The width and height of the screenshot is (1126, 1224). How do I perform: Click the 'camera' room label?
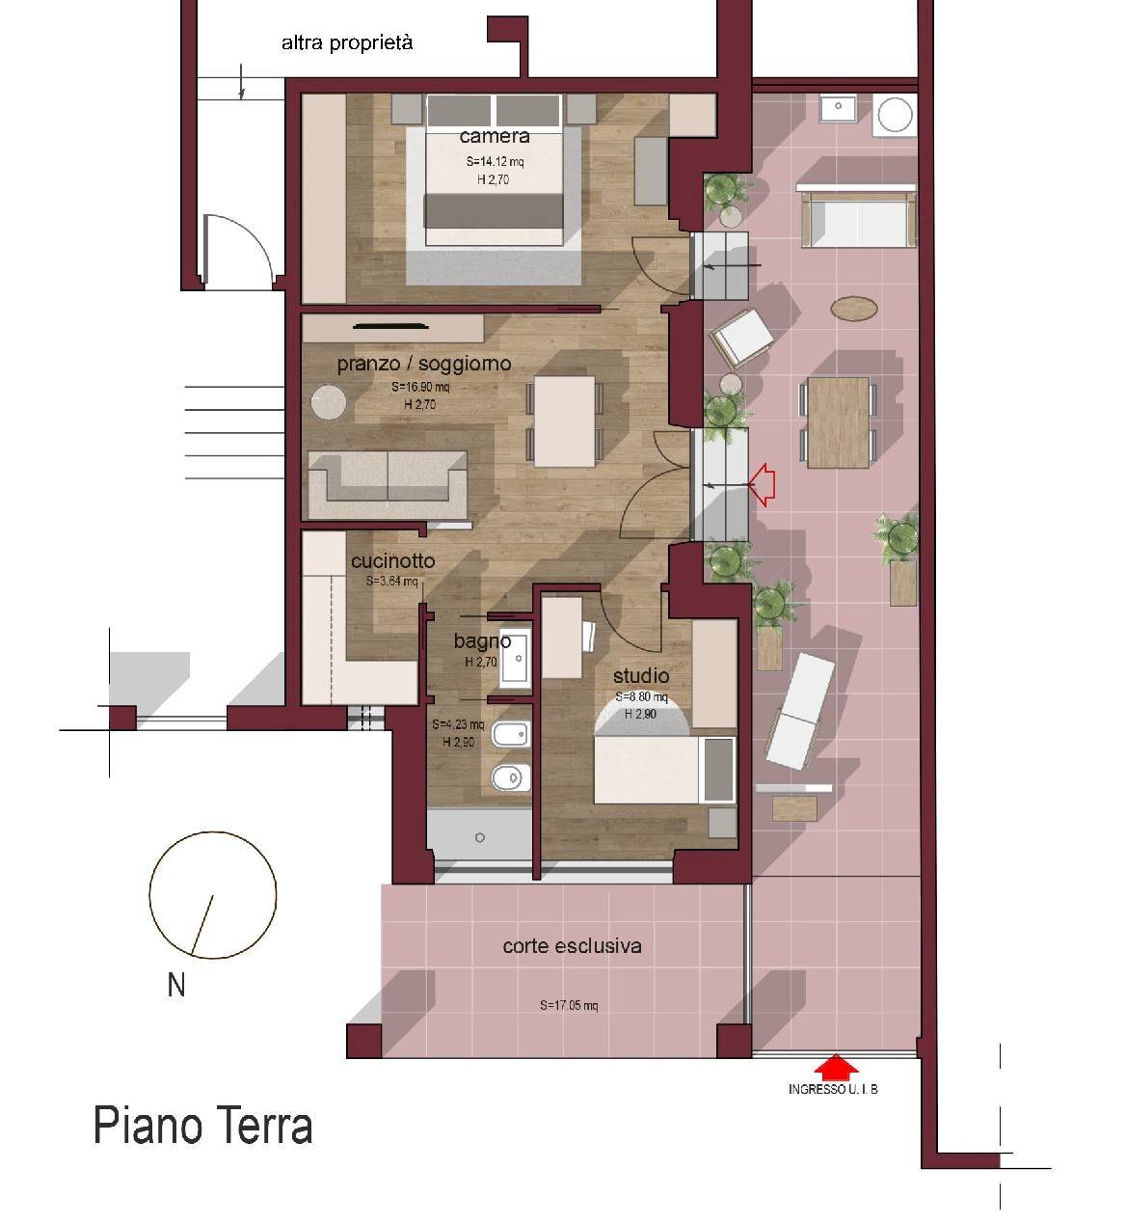[x=494, y=136]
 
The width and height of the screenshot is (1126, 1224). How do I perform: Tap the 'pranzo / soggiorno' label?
[x=423, y=364]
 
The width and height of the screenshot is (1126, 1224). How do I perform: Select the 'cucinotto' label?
[x=392, y=560]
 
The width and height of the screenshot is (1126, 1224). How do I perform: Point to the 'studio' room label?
[x=640, y=675]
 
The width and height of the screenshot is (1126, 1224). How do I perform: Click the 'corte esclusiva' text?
[x=572, y=946]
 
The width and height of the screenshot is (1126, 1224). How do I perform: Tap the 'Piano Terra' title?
[x=202, y=1127]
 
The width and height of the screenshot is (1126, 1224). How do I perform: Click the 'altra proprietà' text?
[x=347, y=42]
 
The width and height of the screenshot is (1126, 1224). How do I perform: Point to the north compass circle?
[x=213, y=895]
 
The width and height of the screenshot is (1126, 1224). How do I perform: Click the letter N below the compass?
[x=176, y=986]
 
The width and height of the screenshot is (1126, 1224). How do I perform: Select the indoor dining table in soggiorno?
[x=565, y=422]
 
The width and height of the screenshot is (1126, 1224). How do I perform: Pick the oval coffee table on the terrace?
[x=854, y=308]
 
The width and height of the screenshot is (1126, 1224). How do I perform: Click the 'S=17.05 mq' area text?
[x=569, y=1005]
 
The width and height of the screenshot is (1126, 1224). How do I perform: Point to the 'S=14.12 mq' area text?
[x=494, y=162]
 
